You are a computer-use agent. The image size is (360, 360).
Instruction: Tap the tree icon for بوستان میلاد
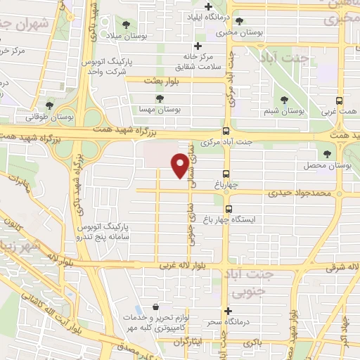[126, 25]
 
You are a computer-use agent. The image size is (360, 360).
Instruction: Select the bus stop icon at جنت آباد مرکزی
[226, 131]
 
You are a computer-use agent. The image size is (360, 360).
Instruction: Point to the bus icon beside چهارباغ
[226, 174]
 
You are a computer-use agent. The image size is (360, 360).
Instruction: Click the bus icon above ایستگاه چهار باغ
[229, 208]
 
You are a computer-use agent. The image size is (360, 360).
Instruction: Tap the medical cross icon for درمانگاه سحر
[227, 311]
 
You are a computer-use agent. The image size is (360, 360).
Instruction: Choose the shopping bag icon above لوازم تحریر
[155, 308]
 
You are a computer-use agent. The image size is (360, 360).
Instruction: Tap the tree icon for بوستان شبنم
[284, 101]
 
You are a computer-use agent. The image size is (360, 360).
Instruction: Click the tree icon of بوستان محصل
[326, 155]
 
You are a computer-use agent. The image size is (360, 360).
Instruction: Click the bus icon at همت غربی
[340, 101]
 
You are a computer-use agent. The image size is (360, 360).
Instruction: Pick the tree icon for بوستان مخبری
[240, 21]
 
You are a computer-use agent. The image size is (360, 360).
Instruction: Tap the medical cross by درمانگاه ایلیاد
[207, 7]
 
